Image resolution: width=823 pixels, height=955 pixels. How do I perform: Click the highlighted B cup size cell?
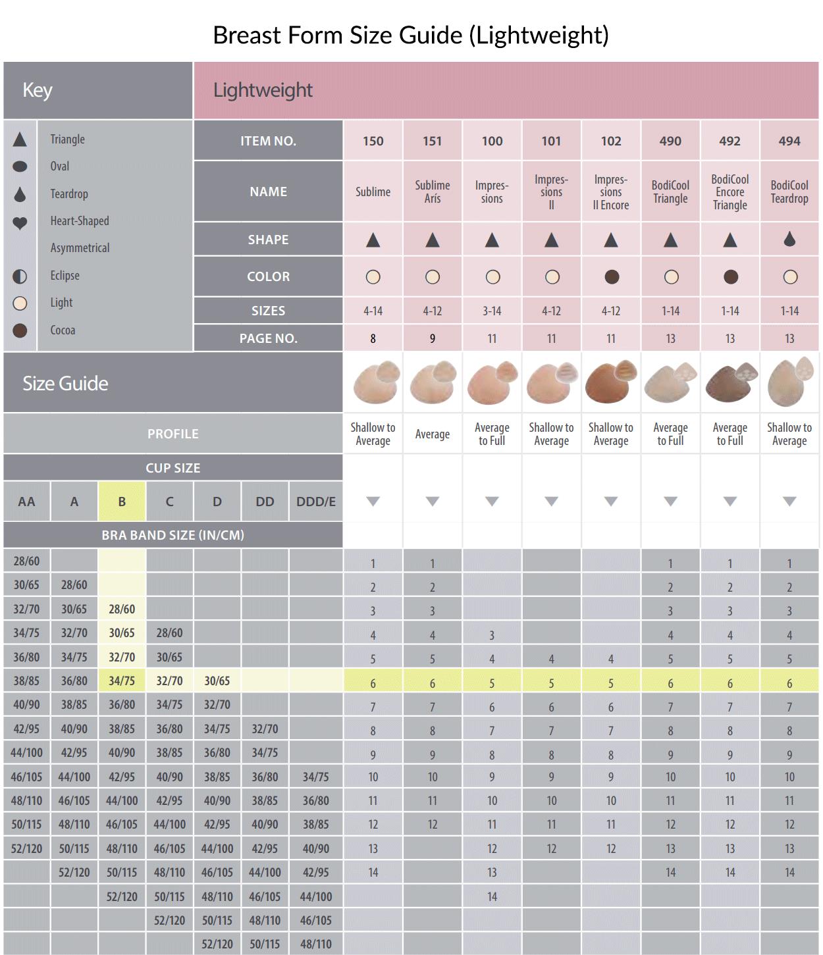pyautogui.click(x=122, y=502)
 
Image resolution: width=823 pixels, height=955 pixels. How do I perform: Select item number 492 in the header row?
pyautogui.click(x=730, y=141)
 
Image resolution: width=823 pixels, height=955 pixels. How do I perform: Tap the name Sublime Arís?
pyautogui.click(x=432, y=192)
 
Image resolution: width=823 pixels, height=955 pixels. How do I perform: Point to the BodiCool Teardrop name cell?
pyautogui.click(x=789, y=192)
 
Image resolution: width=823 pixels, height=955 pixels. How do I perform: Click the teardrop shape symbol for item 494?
pyautogui.click(x=789, y=240)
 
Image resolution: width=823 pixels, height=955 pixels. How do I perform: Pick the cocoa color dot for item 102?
pyautogui.click(x=611, y=277)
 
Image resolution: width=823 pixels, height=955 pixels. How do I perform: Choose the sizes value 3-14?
pyautogui.click(x=492, y=311)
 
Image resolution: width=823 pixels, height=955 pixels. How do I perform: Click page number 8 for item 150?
pyautogui.click(x=373, y=339)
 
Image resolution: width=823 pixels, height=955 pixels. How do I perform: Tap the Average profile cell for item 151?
pyautogui.click(x=432, y=434)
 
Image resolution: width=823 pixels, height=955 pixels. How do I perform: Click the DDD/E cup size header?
pyautogui.click(x=315, y=502)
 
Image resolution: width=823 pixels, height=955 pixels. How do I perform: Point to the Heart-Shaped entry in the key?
pyautogui.click(x=80, y=221)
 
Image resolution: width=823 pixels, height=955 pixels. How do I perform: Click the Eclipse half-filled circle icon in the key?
pyautogui.click(x=20, y=276)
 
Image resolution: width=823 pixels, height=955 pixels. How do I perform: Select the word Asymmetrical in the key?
pyautogui.click(x=80, y=248)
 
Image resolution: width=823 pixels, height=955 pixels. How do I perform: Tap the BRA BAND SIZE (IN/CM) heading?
pyautogui.click(x=173, y=535)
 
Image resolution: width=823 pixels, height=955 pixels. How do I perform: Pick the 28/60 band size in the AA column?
pyautogui.click(x=26, y=561)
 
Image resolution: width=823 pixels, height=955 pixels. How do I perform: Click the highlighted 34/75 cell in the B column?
pyautogui.click(x=122, y=681)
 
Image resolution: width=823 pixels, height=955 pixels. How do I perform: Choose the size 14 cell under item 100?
pyautogui.click(x=492, y=896)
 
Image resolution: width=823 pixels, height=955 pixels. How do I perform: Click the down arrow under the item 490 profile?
pyautogui.click(x=670, y=502)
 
